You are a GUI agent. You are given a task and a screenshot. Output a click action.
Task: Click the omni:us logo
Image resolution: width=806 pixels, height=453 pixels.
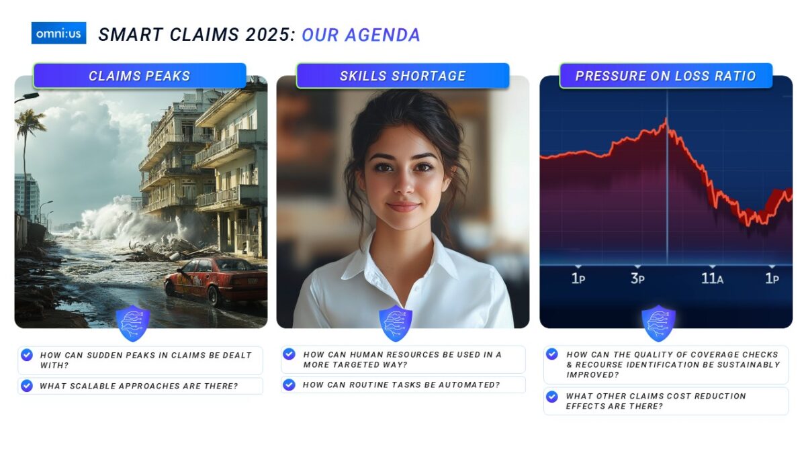[58, 33]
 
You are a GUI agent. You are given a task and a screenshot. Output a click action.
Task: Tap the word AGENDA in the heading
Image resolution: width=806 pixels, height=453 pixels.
[382, 35]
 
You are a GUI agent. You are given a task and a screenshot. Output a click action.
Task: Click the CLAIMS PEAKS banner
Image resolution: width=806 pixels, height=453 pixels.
[140, 76]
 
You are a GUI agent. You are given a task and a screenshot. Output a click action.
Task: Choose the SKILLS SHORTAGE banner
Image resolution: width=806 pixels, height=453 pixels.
[403, 76]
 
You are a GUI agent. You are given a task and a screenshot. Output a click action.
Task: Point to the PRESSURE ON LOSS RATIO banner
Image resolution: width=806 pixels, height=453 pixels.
[666, 76]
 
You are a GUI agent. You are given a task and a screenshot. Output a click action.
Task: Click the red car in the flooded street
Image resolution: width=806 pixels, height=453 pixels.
[216, 281]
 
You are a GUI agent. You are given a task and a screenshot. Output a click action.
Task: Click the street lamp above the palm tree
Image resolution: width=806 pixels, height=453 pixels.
[28, 97]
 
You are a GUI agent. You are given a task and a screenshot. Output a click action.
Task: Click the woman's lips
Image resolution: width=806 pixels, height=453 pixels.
[404, 207]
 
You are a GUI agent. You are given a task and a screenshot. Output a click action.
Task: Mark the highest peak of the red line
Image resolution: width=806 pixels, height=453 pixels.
[666, 119]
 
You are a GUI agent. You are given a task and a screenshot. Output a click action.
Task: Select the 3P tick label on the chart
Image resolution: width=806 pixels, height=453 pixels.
[637, 279]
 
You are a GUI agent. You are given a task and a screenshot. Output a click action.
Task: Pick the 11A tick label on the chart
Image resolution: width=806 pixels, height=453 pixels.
[712, 279]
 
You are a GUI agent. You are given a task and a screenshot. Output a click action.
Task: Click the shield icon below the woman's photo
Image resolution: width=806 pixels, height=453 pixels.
[396, 323]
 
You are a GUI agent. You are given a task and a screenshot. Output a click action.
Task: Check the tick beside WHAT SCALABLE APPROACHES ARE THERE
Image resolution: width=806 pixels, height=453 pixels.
[27, 385]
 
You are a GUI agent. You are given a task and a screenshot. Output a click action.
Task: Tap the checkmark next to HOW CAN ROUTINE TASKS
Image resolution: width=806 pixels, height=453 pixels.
[289, 385]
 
